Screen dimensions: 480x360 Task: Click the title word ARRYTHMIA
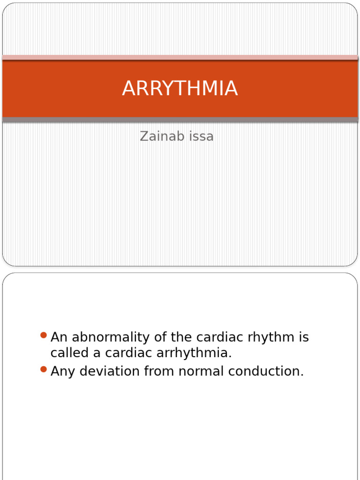[180, 89]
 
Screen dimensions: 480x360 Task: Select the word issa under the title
[200, 136]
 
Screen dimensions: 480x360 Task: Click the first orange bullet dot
[44, 335]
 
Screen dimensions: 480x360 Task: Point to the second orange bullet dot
[44, 369]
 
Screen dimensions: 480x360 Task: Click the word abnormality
[110, 337]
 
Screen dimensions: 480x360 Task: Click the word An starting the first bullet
[59, 337]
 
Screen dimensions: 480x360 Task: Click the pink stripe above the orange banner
[180, 57]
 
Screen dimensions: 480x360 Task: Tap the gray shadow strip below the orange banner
[180, 120]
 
